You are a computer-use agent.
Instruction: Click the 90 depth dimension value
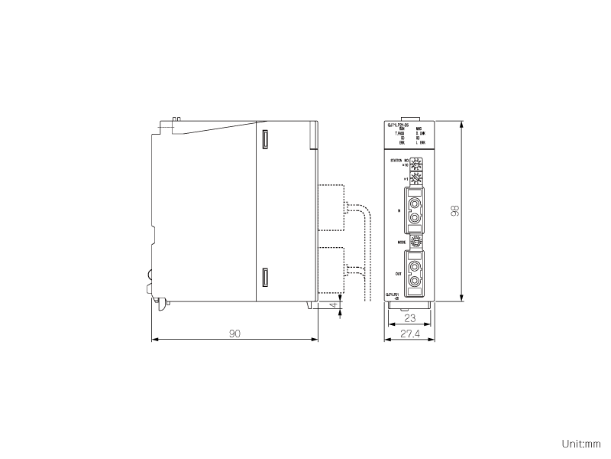point(235,334)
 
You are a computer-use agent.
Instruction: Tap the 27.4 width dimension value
point(410,334)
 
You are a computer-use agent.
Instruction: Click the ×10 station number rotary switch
point(416,164)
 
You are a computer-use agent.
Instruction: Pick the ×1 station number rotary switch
point(416,178)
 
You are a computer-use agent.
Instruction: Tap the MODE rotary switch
point(416,241)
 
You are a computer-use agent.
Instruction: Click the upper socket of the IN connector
point(415,203)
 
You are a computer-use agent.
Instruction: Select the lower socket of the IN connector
point(415,219)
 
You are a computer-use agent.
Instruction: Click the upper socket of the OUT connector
point(415,268)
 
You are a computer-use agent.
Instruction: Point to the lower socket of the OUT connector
point(415,282)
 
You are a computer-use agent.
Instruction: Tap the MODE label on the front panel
point(401,241)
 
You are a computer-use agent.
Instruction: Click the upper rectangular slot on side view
point(265,140)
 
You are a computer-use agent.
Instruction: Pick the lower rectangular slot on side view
point(265,278)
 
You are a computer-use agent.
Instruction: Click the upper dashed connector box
point(330,208)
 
